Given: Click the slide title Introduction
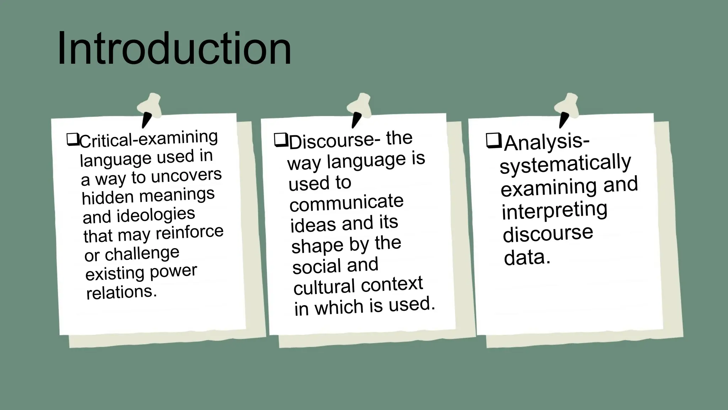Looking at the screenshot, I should [174, 49].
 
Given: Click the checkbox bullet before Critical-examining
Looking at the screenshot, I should [72, 139].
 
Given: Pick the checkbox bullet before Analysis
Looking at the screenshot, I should [494, 141].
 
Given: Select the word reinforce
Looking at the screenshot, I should [189, 232].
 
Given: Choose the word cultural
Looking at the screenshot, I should [325, 287].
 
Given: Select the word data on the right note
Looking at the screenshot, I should [526, 257].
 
